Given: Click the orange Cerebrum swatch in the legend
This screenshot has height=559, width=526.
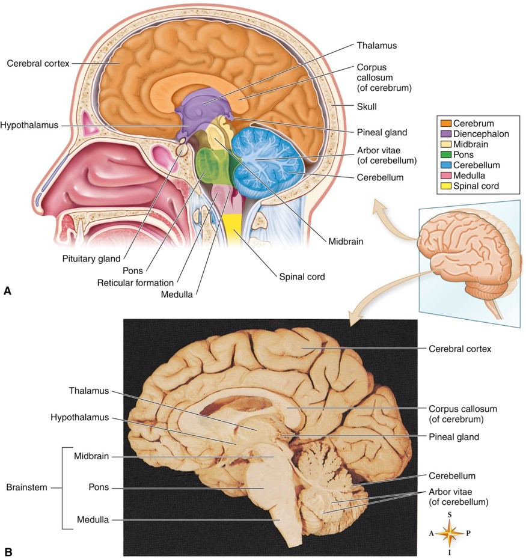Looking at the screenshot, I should coord(447,123).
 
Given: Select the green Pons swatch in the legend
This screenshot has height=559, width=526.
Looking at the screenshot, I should coord(447,154).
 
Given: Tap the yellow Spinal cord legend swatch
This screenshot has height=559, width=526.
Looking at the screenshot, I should coord(447,186).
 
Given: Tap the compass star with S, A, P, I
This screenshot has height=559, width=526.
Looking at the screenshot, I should coord(450,533).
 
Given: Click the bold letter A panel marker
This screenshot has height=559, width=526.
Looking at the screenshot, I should coord(7,291).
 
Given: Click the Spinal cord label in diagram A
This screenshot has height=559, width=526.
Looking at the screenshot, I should coord(302,277).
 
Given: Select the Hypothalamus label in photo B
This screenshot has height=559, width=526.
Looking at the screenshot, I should coord(80,417).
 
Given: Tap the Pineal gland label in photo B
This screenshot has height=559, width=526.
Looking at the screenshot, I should coord(454,437).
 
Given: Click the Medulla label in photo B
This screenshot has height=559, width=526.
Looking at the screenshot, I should coord(93,519).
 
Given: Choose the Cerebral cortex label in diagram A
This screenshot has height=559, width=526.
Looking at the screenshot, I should coord(38,63).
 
